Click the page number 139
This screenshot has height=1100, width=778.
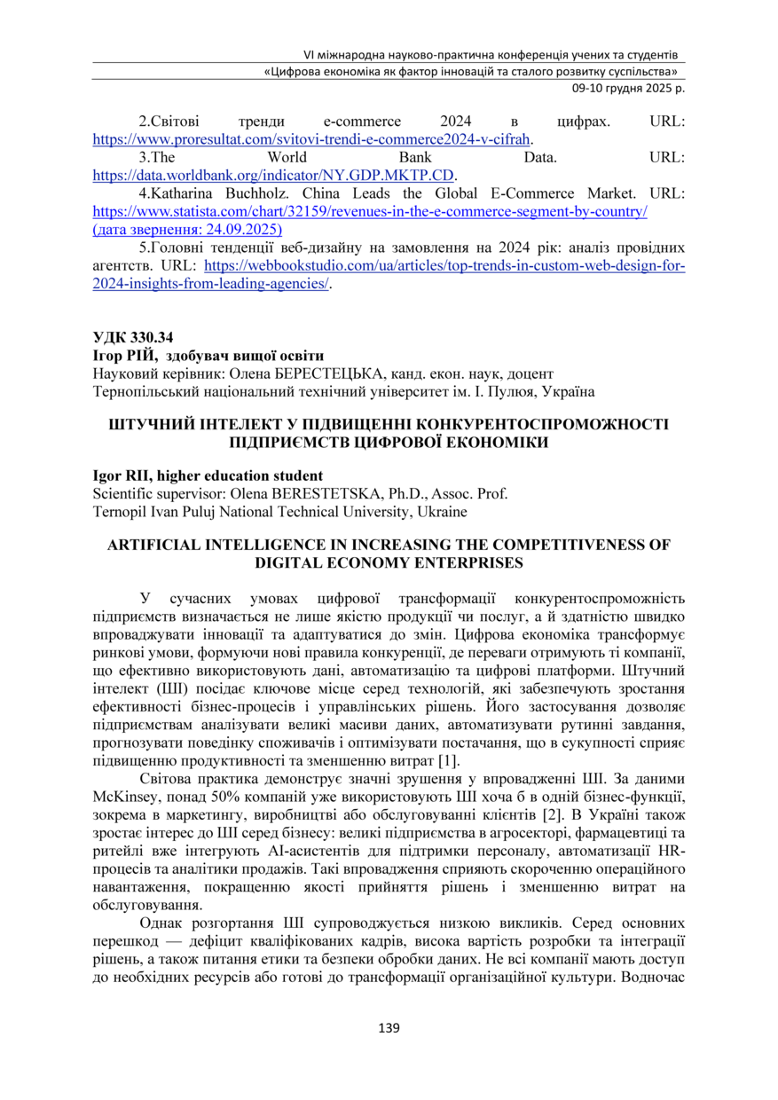389,1028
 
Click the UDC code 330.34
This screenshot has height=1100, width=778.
152,337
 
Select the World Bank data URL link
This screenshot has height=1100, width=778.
280,175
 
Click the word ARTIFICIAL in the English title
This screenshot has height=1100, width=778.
158,545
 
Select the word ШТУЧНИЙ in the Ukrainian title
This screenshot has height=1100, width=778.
144,424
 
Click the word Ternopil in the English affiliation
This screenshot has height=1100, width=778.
120,511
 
